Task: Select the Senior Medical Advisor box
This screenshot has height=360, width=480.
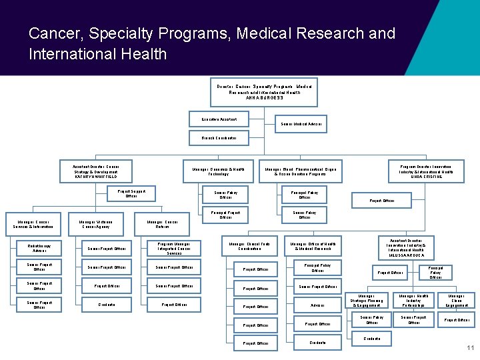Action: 301,124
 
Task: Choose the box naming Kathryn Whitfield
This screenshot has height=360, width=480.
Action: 96,171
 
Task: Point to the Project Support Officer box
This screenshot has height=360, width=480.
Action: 131,193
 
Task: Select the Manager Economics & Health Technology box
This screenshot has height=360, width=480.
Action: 218,171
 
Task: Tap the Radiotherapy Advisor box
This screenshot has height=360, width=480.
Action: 39,249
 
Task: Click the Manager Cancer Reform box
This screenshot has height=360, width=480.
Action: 162,225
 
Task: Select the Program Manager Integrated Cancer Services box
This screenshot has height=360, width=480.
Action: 174,249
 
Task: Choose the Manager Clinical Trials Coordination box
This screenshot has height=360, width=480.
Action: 249,247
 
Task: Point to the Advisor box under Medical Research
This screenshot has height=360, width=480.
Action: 317,305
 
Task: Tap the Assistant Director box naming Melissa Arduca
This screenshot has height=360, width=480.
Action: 406,248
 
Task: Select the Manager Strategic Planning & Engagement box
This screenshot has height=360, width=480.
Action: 371,301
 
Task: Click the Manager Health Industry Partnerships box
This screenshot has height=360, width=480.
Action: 413,301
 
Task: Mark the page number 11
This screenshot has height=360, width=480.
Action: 471,347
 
